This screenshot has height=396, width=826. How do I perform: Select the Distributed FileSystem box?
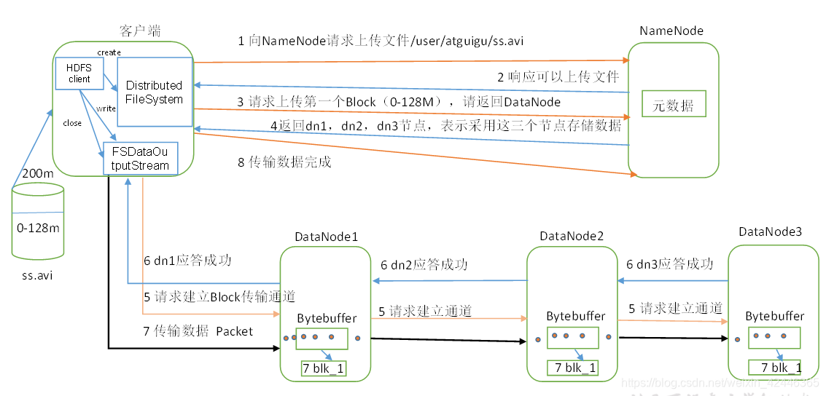[155, 93]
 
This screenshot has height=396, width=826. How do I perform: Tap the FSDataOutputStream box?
[140, 159]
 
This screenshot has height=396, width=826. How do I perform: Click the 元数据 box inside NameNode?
[673, 106]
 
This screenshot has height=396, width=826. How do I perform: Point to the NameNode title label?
[671, 31]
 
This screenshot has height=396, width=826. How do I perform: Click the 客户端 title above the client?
[140, 31]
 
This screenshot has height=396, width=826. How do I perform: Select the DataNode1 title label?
[326, 237]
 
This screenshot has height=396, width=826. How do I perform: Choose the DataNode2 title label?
[572, 237]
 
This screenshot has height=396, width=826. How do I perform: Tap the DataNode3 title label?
[770, 231]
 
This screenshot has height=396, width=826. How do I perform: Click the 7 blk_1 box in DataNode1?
[324, 369]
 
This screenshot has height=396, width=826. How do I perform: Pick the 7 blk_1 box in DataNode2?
[572, 368]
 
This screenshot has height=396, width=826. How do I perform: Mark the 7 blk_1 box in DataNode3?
[776, 368]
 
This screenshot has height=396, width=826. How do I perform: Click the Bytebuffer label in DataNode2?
[576, 316]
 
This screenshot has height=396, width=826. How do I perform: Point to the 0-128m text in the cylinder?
[38, 228]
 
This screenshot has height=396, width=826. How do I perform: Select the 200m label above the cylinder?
[37, 173]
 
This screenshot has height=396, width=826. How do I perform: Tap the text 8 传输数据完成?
[284, 162]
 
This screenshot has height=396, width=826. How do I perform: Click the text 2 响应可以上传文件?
[558, 76]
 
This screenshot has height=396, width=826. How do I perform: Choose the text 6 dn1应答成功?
[187, 261]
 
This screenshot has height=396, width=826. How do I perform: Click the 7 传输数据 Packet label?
[198, 331]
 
